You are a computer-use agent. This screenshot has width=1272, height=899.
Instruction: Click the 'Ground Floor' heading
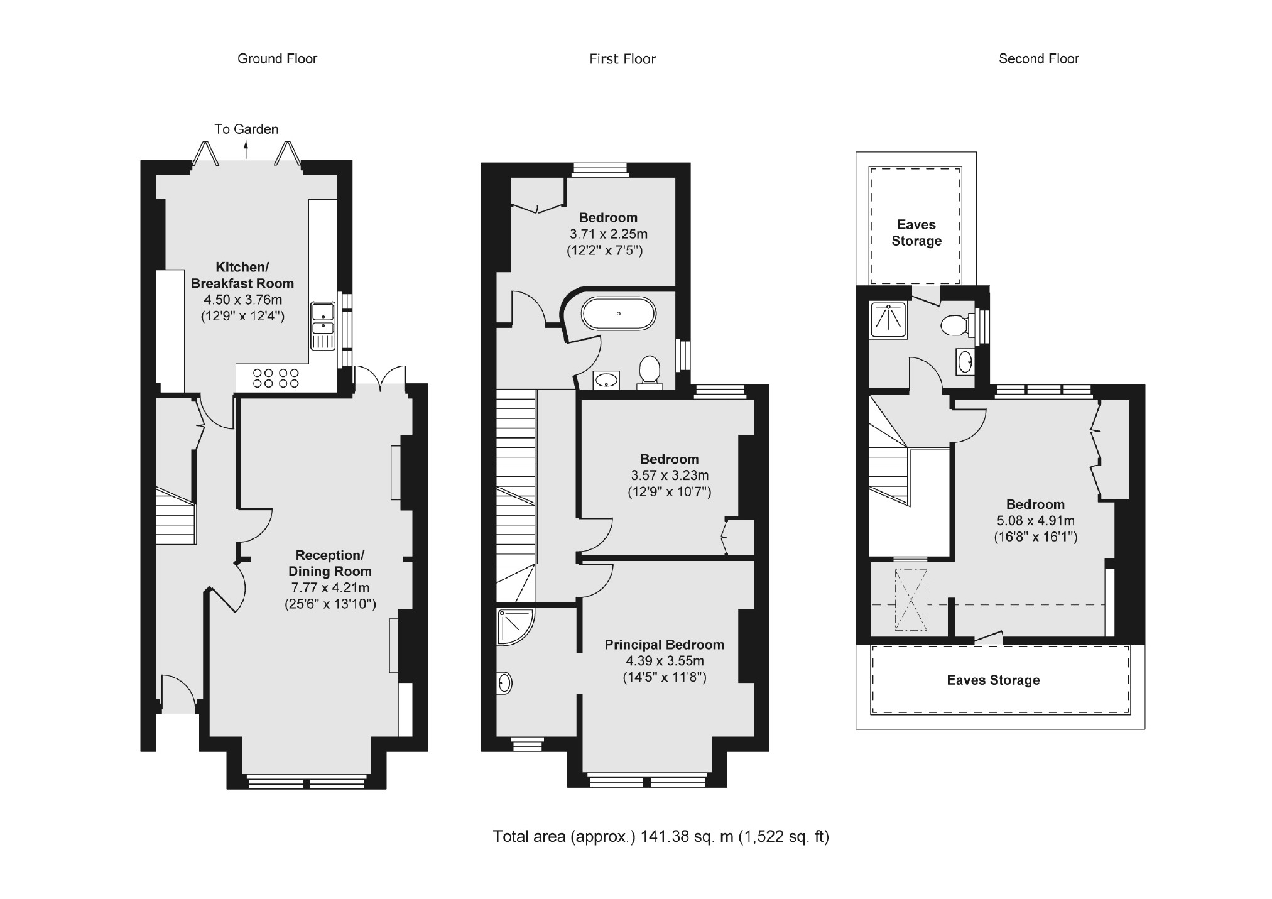point(277,59)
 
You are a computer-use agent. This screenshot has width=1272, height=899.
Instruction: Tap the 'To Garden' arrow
point(246,150)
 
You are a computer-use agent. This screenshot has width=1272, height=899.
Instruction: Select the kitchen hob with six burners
point(276,378)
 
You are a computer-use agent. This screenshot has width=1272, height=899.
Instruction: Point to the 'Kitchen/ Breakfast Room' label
point(242,275)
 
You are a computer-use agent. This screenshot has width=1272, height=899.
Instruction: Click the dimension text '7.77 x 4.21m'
point(330,588)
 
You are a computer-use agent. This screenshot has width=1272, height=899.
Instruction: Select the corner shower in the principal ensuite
point(513,625)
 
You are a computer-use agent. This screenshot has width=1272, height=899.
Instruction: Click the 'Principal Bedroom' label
point(664,645)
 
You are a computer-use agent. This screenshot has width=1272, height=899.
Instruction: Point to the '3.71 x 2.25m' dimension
point(608,234)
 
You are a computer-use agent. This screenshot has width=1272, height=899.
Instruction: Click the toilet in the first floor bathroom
point(650,371)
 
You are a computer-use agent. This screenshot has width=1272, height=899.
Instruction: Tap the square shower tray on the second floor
point(889,320)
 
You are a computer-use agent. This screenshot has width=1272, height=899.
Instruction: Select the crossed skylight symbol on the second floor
point(910,600)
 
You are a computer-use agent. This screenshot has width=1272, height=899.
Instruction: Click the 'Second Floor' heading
point(1038,59)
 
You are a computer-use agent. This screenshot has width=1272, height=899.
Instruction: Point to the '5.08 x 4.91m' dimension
point(1035,521)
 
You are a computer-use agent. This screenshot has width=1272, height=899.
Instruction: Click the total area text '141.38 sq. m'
point(687,837)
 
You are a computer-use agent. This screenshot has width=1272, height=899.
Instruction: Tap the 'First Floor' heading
point(622,60)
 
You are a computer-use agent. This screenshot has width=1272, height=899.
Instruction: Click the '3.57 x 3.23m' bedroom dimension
point(670,476)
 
